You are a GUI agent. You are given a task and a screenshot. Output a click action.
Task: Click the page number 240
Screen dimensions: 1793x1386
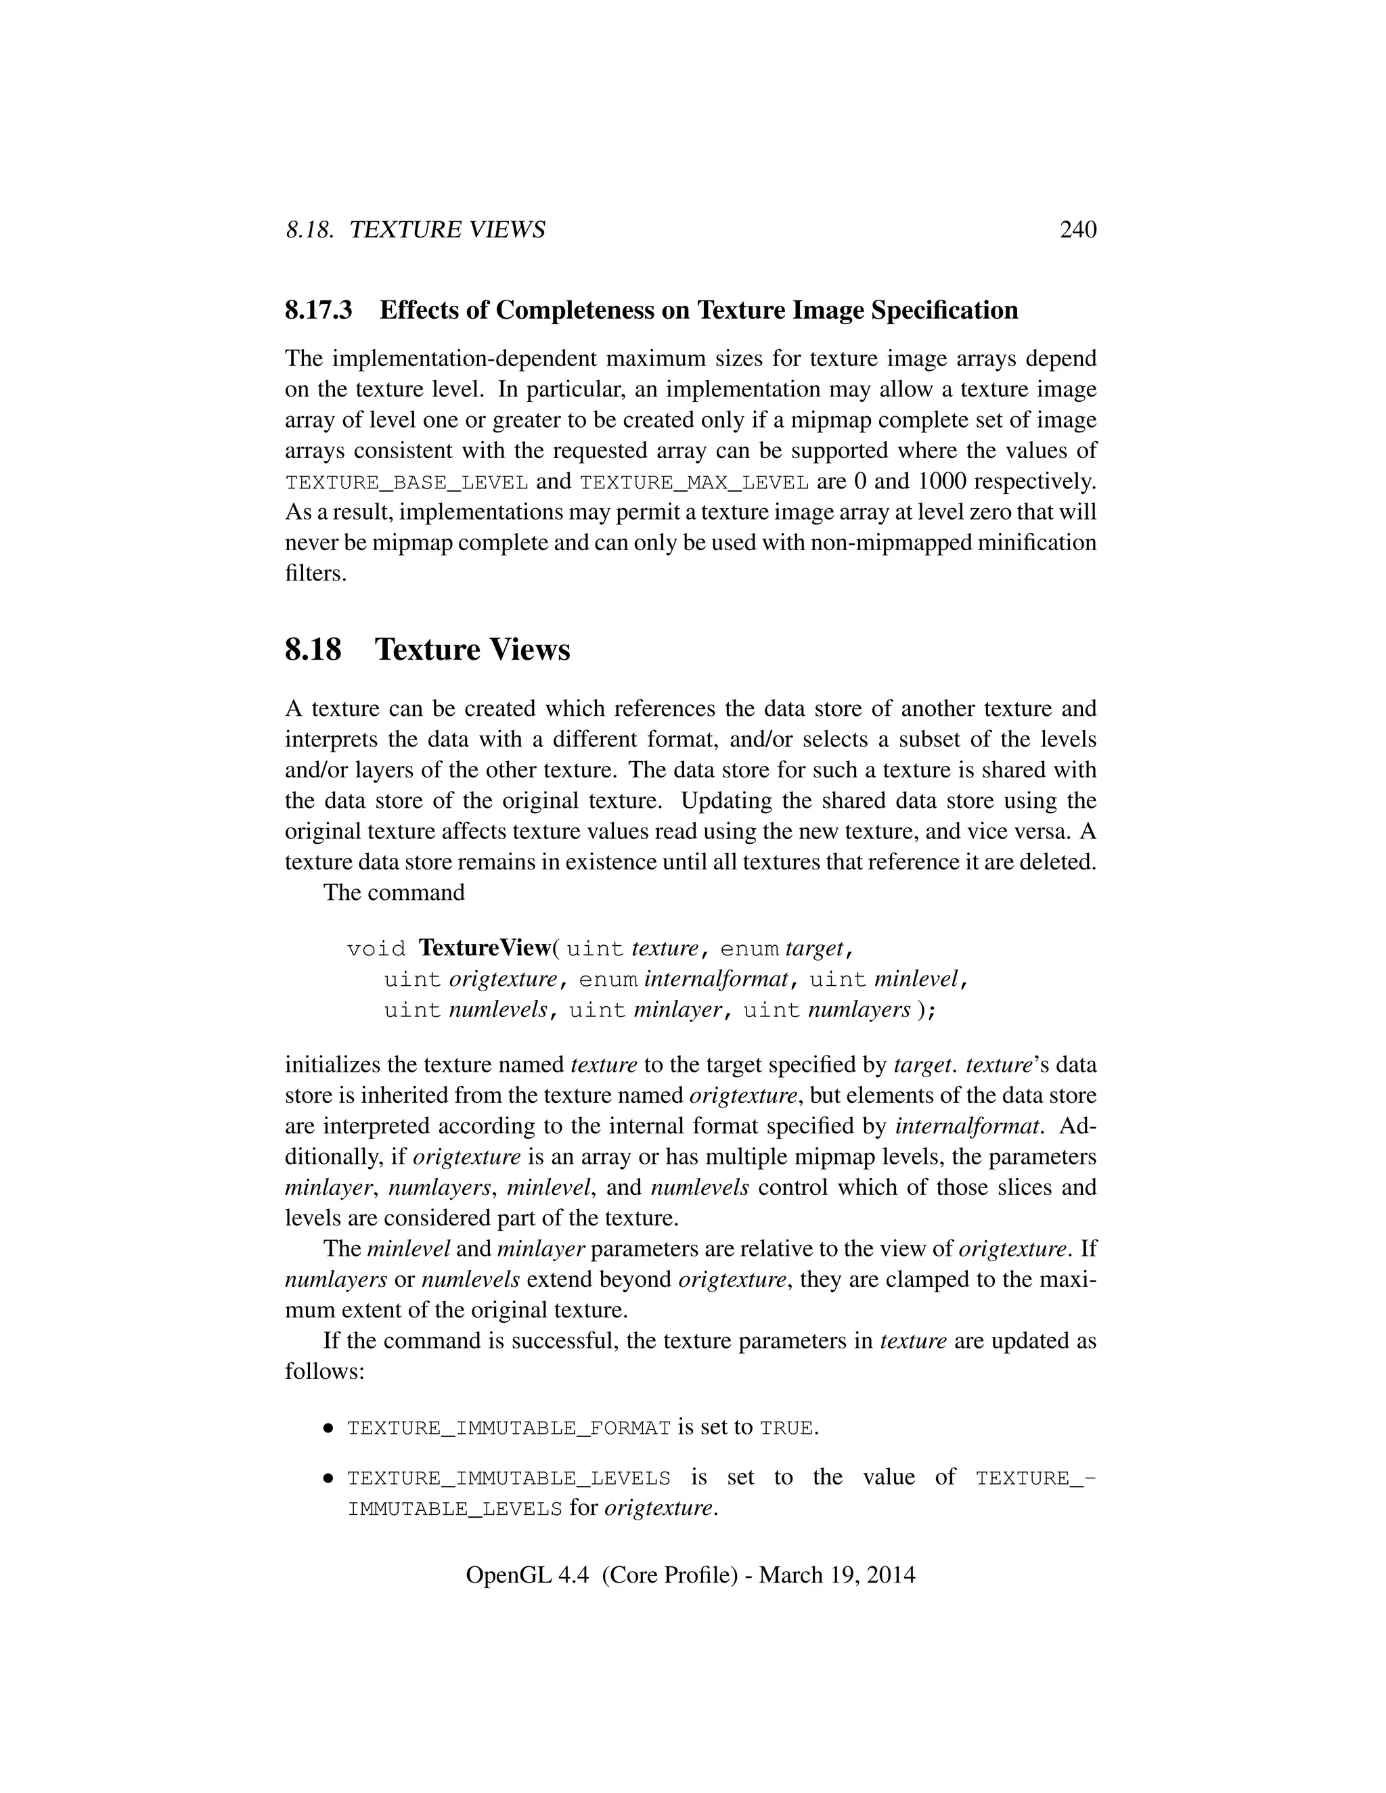point(1077,230)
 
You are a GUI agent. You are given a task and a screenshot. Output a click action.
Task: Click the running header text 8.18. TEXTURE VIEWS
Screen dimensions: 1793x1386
point(415,230)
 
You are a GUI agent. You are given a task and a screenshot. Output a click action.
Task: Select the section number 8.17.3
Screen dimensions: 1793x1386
point(319,311)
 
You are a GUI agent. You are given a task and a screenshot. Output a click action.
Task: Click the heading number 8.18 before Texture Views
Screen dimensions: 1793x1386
point(313,650)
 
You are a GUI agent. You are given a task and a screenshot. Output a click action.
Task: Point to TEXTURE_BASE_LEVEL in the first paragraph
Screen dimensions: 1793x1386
point(407,482)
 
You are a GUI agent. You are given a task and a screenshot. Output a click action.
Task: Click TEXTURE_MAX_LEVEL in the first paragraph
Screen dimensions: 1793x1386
point(694,482)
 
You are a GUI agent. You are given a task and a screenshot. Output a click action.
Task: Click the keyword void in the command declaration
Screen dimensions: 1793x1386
point(376,949)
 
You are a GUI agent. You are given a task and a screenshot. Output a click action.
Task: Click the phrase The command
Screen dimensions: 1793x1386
point(393,892)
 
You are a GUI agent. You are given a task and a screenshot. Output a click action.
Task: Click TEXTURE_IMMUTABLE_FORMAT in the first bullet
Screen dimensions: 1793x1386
point(508,1428)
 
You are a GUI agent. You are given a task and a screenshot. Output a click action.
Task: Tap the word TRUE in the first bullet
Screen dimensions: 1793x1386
point(786,1428)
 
